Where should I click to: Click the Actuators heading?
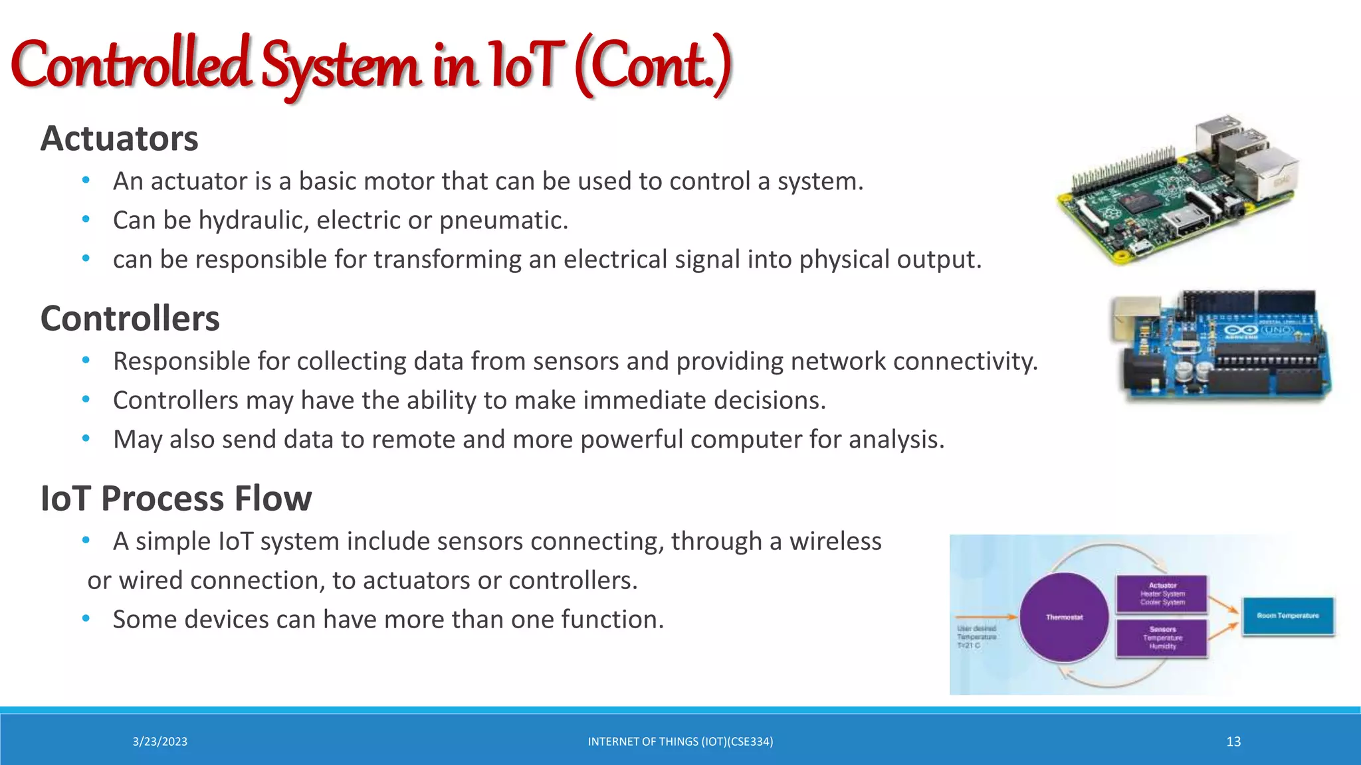119,139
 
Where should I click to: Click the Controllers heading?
130,319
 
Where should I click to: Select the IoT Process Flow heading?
175,499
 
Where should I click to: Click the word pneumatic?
503,220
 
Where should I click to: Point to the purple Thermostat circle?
1064,617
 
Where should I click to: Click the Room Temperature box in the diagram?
1287,616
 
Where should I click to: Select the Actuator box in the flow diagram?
1162,594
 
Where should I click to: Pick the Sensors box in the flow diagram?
1162,637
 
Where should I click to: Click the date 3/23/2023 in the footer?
159,742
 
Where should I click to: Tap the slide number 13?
1233,742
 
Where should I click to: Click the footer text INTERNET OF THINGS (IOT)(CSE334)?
680,742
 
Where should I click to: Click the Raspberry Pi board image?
1176,193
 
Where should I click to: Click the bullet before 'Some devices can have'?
86,619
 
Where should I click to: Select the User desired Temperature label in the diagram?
976,636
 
